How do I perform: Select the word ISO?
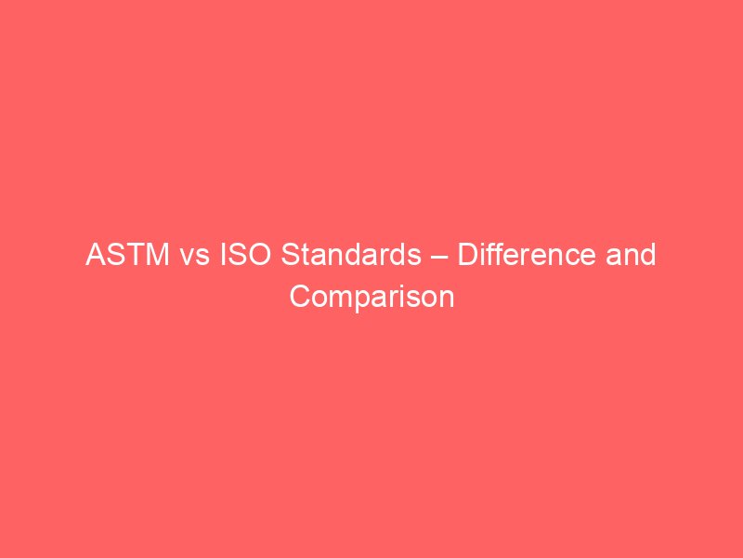point(240,255)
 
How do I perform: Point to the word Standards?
point(348,255)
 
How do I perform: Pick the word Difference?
point(524,255)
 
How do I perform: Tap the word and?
point(631,255)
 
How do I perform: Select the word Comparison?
point(371,297)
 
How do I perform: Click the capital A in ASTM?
point(95,255)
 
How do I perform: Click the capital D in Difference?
point(468,255)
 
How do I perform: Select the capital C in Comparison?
point(299,297)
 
